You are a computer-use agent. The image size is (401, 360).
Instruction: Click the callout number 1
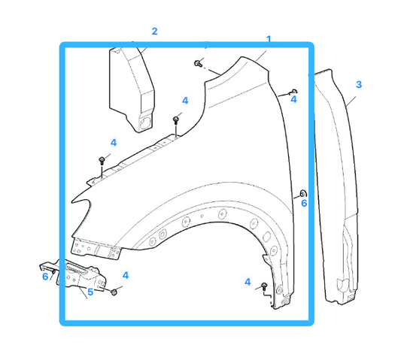point(268,39)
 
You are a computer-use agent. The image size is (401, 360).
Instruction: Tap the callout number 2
point(154,32)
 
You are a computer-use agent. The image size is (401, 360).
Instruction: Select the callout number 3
point(359,84)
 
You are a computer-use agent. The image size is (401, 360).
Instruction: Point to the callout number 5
point(90,292)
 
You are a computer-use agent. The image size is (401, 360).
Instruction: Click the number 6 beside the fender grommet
point(304,203)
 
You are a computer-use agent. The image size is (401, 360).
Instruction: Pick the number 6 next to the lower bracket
point(45,277)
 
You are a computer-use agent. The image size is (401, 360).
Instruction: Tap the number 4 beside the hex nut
point(126,276)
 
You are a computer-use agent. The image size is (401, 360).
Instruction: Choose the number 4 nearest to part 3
point(293,98)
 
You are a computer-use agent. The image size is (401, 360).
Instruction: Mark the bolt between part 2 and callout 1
point(198,63)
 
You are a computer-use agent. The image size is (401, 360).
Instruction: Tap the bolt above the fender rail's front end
point(102,161)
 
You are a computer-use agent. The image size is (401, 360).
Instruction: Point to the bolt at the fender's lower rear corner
point(265,286)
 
